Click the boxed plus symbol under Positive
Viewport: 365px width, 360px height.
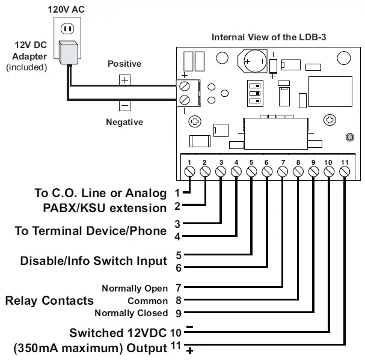[124, 79]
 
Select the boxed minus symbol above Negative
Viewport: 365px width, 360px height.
[124, 105]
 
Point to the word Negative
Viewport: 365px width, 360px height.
[124, 122]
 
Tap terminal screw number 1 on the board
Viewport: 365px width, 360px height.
[189, 172]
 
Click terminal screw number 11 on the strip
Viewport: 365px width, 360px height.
[345, 172]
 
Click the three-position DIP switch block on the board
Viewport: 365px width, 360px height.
[253, 93]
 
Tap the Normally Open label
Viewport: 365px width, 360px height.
[135, 288]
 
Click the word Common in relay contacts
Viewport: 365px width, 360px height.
[147, 301]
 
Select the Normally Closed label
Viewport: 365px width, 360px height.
[131, 313]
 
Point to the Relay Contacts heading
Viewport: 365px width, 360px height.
[49, 301]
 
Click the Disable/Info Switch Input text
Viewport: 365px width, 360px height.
[93, 261]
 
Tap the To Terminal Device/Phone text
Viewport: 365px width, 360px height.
[90, 231]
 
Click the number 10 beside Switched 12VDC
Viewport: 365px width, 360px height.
[176, 332]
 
